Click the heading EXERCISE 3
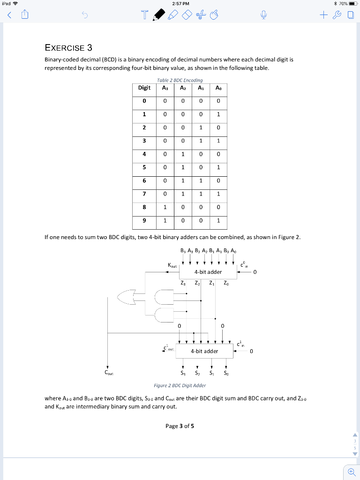[x=68, y=48]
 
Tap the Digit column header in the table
[x=144, y=88]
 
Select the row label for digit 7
[x=144, y=194]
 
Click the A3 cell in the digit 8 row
[x=164, y=207]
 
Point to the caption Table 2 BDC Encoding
[x=180, y=80]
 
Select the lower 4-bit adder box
[x=204, y=351]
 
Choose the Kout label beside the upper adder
[x=172, y=265]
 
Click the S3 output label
[x=183, y=374]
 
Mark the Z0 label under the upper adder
[x=226, y=283]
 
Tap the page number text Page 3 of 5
[x=180, y=426]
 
